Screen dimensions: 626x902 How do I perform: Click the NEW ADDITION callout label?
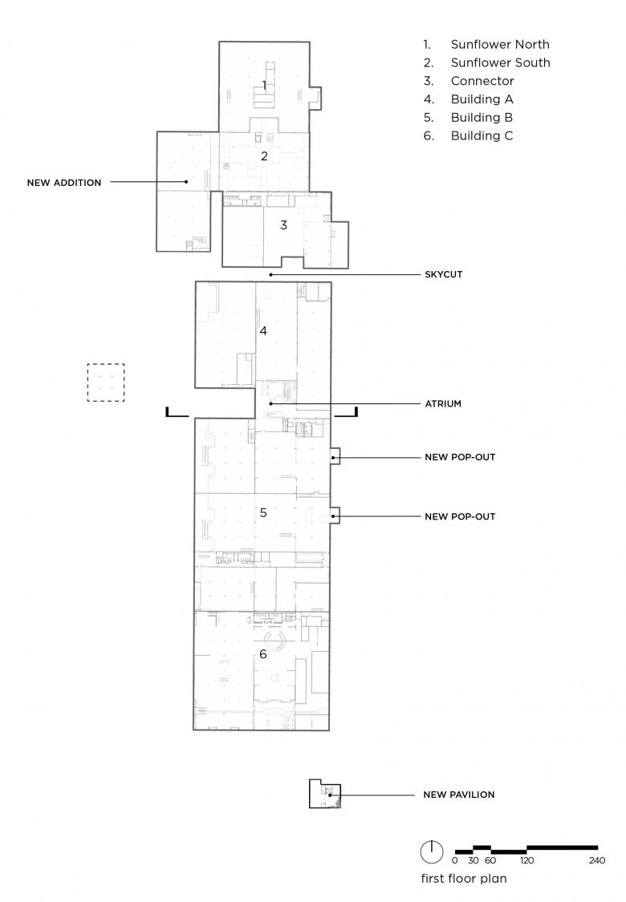coord(64,183)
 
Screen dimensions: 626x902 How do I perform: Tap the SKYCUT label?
coord(444,274)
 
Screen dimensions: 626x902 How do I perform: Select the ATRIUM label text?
coord(443,404)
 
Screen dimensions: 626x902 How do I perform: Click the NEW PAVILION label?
coord(459,795)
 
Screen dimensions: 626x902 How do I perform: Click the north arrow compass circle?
coord(431,852)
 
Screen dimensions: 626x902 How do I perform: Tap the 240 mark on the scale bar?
coord(597,860)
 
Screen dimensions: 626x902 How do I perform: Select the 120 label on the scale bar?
coord(527,860)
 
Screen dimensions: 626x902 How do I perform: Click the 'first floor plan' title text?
coord(464,879)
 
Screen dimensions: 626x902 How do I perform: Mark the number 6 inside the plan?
coord(263,654)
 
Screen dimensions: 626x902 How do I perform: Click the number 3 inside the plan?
coord(283,225)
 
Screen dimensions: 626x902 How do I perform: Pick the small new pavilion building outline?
coord(309,794)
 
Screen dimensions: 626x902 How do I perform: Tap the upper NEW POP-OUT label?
coord(460,457)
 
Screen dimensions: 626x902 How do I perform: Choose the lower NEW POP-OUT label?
coord(460,516)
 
